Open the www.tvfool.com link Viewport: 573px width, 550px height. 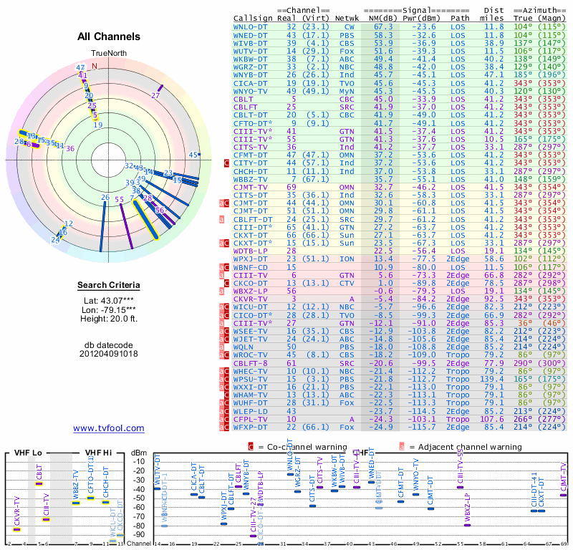[109, 428]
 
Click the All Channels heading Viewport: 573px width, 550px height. [109, 37]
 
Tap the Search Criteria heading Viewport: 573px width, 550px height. [109, 286]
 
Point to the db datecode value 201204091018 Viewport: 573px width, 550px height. [109, 354]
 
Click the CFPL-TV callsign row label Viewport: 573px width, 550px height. [251, 420]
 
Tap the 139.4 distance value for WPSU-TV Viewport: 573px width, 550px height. [492, 378]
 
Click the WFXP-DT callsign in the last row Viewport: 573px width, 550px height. [251, 428]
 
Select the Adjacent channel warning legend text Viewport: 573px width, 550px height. [460, 447]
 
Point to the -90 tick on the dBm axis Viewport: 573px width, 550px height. [140, 534]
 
